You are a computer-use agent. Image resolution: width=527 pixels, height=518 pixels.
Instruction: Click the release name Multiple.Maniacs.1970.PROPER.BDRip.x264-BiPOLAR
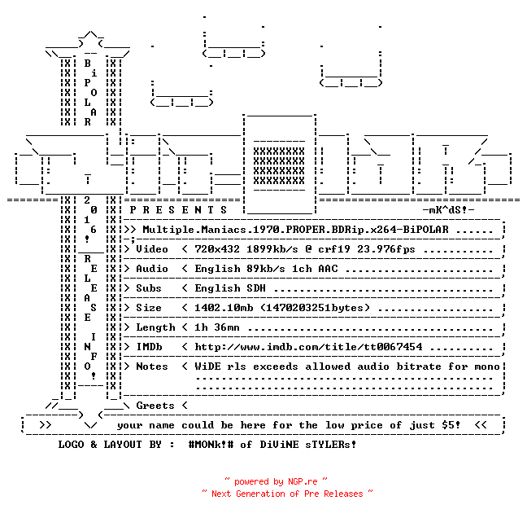click(x=295, y=230)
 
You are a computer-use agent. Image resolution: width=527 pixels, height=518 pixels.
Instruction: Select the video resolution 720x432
click(x=217, y=249)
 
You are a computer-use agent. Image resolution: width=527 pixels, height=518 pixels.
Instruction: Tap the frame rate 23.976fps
click(x=386, y=249)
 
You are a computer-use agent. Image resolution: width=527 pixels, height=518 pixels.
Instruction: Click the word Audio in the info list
click(x=152, y=269)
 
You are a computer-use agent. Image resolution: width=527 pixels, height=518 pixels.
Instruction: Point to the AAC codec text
click(x=328, y=269)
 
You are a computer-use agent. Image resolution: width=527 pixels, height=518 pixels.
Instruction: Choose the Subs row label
click(x=149, y=288)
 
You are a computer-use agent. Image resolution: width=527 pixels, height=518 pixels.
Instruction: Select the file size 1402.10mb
click(x=224, y=308)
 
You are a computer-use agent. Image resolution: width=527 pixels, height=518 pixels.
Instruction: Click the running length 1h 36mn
click(x=217, y=327)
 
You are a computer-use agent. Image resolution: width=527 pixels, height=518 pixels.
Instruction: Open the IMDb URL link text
click(x=308, y=347)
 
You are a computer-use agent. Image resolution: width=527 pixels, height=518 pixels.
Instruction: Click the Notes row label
click(x=152, y=367)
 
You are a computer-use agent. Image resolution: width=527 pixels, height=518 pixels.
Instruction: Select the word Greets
click(x=155, y=406)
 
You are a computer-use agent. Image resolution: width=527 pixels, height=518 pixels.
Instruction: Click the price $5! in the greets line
click(x=451, y=425)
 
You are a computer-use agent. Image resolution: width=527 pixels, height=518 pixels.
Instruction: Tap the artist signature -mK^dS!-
click(x=448, y=210)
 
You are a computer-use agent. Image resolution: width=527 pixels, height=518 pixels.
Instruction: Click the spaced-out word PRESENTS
click(x=178, y=210)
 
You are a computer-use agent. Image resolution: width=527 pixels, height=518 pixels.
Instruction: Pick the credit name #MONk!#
click(x=211, y=444)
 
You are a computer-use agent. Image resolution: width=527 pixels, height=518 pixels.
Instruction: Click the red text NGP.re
click(x=303, y=481)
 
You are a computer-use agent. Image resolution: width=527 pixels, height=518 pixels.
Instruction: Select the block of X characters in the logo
click(x=279, y=166)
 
